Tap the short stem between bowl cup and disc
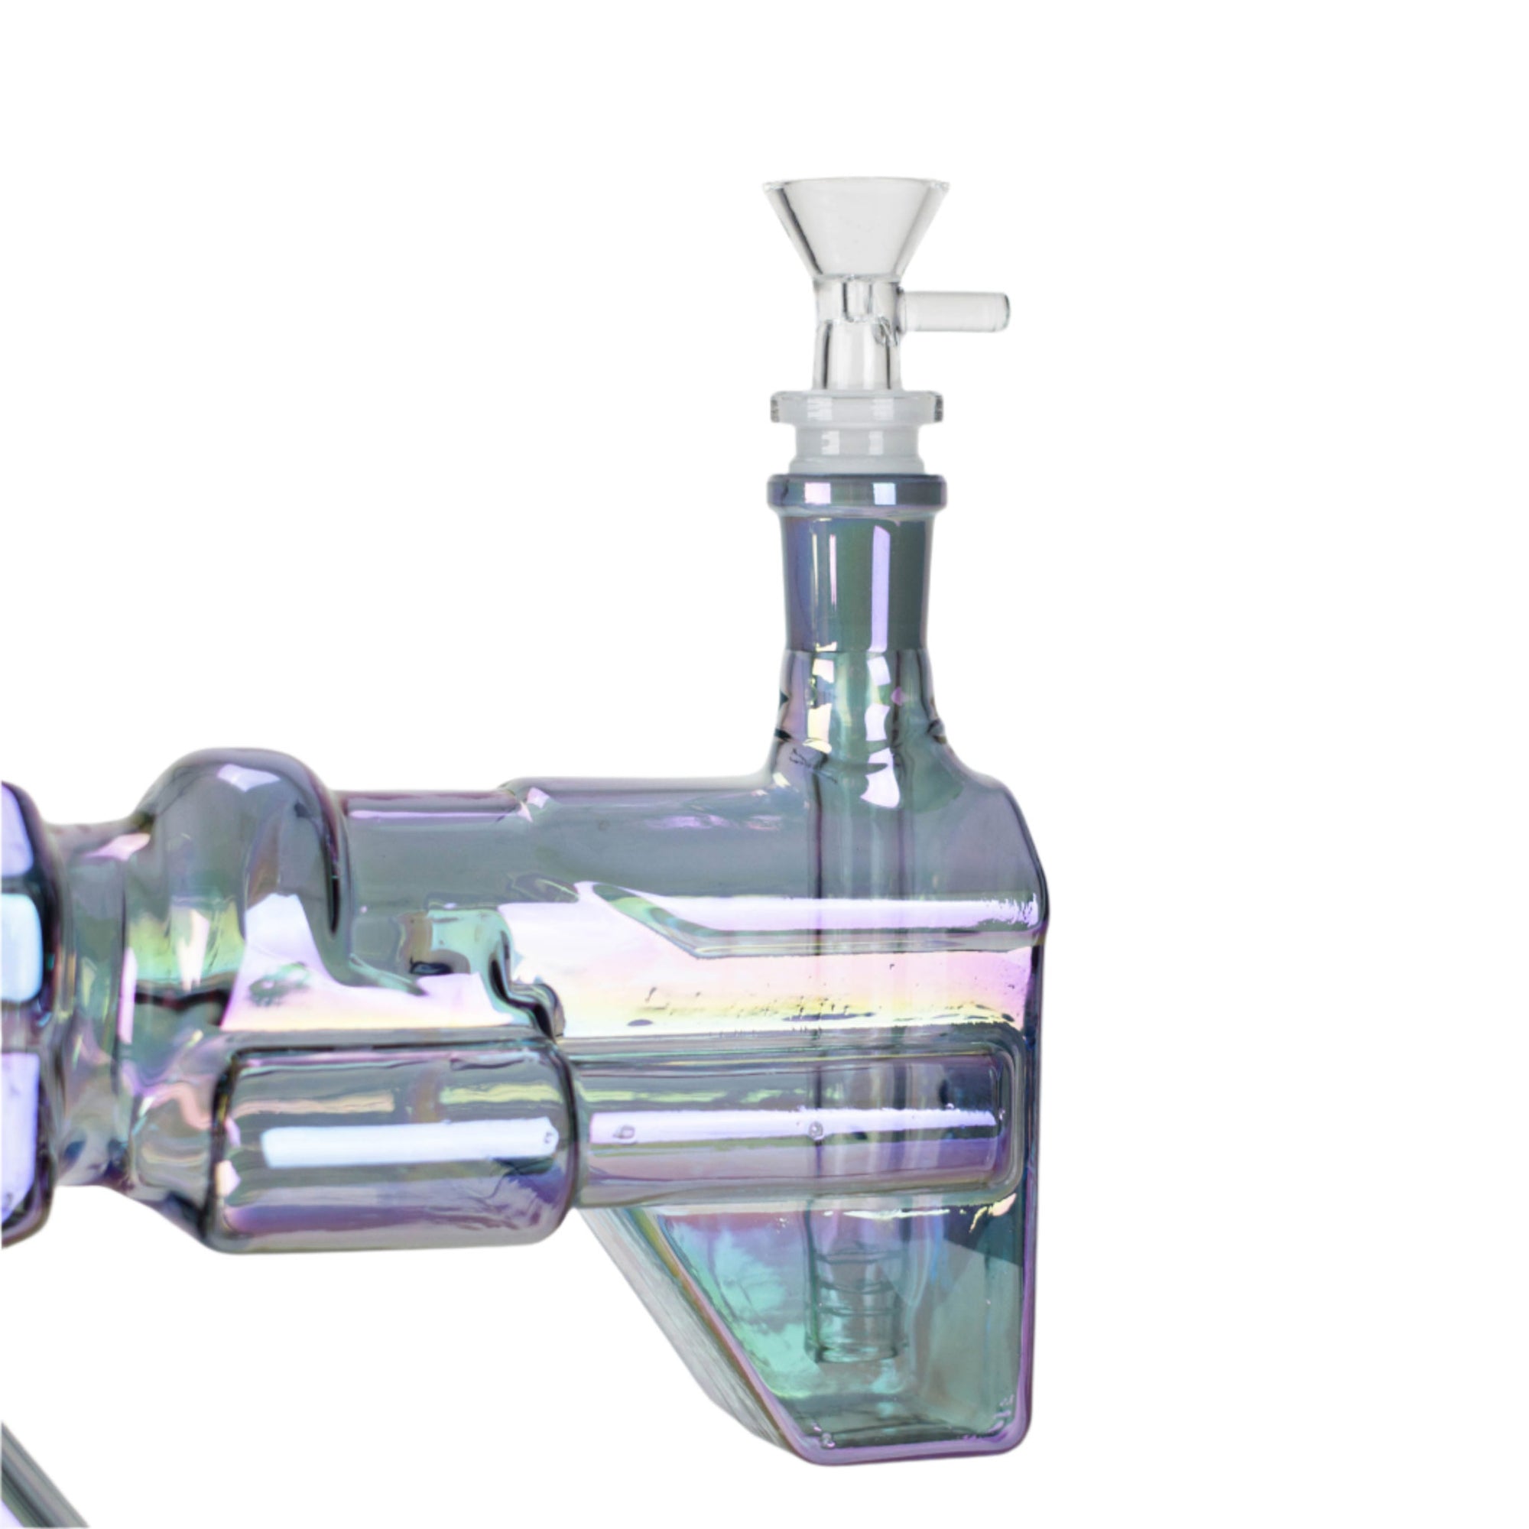pyautogui.click(x=857, y=348)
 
